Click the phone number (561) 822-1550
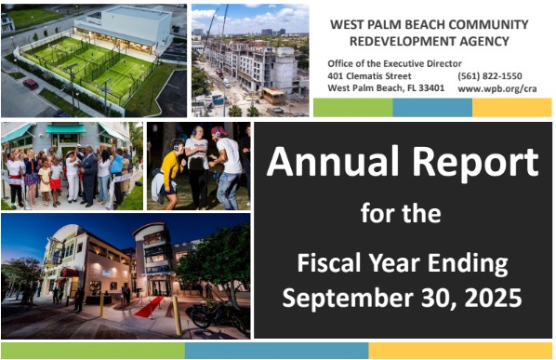click(490, 76)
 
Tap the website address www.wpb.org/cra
click(497, 88)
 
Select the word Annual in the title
click(333, 161)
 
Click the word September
click(347, 299)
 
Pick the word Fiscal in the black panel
click(328, 263)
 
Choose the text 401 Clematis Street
click(369, 76)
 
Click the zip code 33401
click(431, 87)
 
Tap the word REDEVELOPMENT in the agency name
click(403, 41)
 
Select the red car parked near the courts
click(31, 84)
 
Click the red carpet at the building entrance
click(149, 307)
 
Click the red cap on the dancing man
click(218, 131)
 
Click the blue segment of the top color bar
click(432, 108)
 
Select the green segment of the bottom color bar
click(93, 351)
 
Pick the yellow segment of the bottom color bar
click(460, 351)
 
